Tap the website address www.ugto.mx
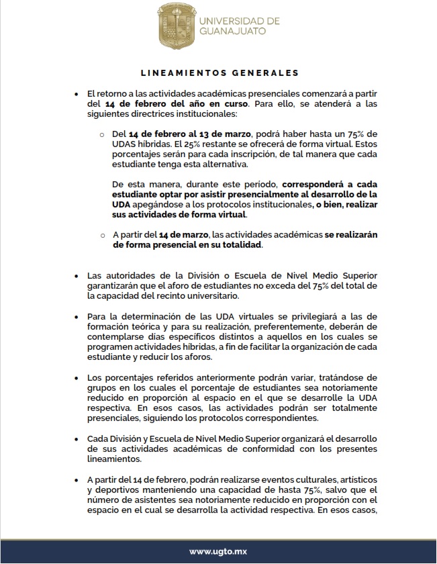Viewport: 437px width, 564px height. (217, 551)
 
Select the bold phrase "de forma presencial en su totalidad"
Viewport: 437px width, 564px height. (188, 245)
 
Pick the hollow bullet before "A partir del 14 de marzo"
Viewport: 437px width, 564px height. (103, 236)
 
